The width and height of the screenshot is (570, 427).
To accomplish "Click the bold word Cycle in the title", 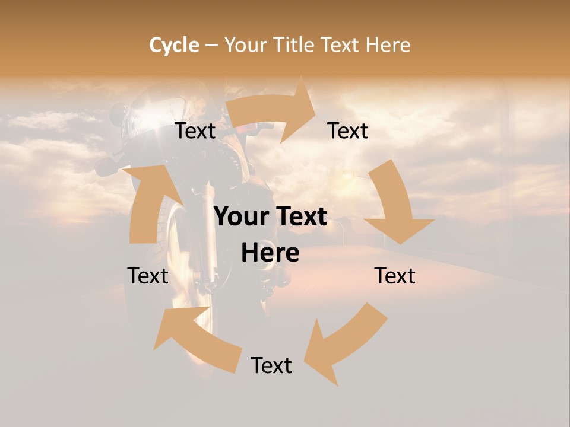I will [x=174, y=45].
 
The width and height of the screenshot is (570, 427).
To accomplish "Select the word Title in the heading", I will [x=293, y=45].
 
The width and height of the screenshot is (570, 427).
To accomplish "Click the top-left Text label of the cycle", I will [x=195, y=131].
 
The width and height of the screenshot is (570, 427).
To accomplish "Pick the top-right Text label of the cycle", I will [x=348, y=131].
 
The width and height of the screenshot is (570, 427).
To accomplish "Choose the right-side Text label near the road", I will [x=395, y=276].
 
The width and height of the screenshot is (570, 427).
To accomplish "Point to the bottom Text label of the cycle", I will [x=271, y=365].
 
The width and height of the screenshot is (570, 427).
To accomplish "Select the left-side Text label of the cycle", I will [x=148, y=276].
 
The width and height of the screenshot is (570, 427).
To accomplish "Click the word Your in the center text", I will [x=240, y=217].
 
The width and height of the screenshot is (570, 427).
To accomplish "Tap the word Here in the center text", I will [x=270, y=253].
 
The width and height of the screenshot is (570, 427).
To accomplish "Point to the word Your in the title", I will [x=245, y=45].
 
